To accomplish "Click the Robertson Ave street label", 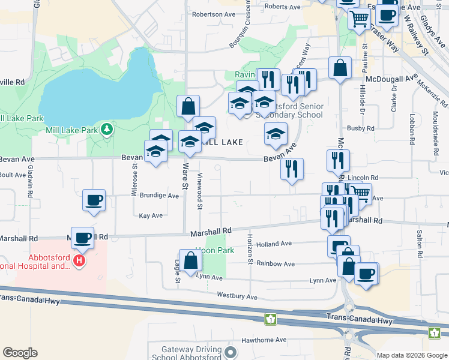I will (x=214, y=13).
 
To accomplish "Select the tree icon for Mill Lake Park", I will (x=107, y=129).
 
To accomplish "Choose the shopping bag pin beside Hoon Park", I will (x=190, y=261).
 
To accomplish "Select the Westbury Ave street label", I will (x=237, y=296).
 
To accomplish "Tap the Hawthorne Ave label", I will (x=264, y=340).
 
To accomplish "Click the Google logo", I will (x=20, y=353).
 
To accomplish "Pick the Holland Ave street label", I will (x=274, y=244).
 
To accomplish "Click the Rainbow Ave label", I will (x=275, y=263).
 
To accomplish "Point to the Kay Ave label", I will (x=151, y=215).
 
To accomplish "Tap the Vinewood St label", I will (x=200, y=191).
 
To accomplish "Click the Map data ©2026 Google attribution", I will (x=412, y=355).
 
